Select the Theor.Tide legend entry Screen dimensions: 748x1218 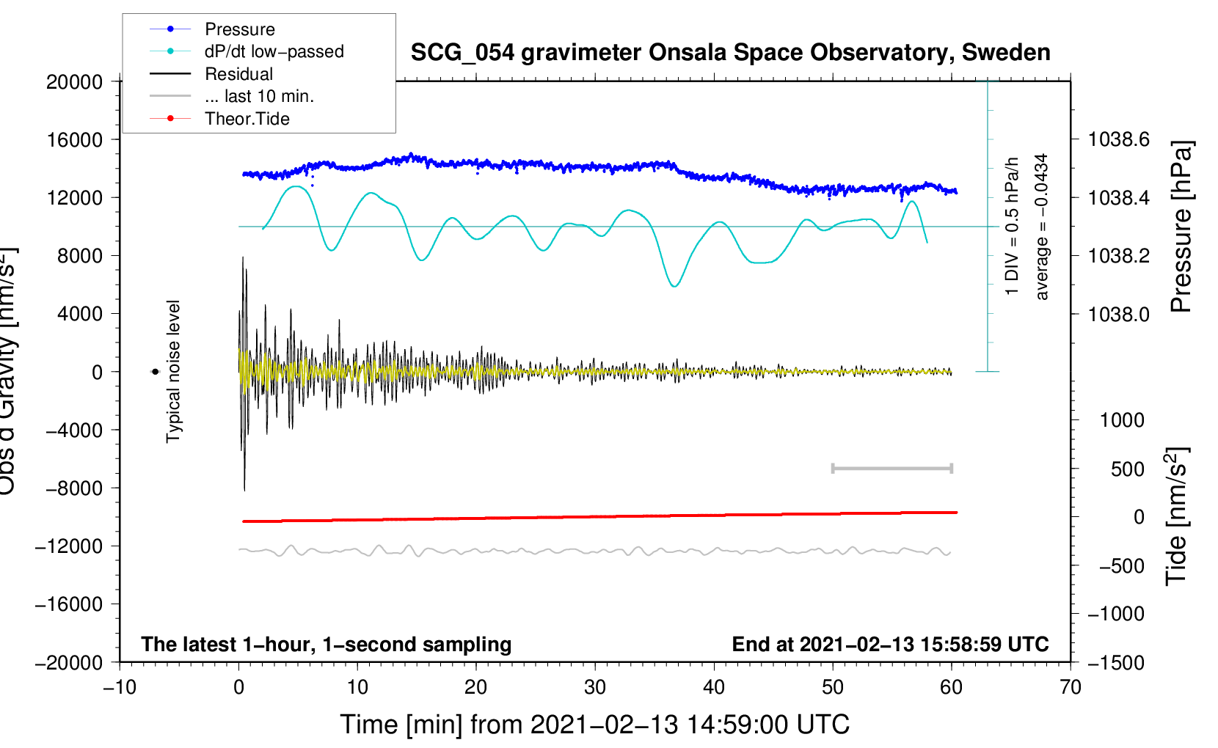247,119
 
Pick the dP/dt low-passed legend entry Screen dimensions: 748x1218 274,51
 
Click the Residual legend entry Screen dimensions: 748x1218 238,74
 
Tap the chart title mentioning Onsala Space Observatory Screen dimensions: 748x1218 730,53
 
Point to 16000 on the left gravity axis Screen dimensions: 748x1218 75,139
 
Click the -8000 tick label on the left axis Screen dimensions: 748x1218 75,488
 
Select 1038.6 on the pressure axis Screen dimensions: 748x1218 1118,139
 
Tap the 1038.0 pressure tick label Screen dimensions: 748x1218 1118,314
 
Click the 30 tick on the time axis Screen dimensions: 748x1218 595,687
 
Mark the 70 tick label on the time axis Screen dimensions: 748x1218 1071,687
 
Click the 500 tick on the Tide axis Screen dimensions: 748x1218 1127,469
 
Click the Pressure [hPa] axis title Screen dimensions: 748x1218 1181,227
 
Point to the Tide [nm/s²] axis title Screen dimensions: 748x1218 1177,517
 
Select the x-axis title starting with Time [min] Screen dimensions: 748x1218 594,725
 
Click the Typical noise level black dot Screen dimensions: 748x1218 155,372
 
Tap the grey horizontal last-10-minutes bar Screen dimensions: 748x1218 891,468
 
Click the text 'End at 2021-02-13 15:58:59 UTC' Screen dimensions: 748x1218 890,645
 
